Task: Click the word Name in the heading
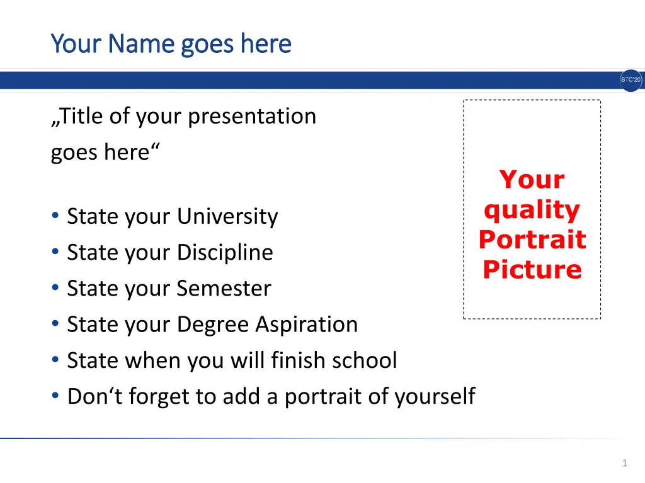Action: tap(142, 43)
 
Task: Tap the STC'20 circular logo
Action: tap(631, 80)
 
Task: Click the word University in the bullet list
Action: tap(228, 216)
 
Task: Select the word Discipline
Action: tap(225, 252)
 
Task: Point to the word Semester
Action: tap(224, 288)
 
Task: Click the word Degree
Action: tap(213, 325)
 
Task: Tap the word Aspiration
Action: tap(307, 325)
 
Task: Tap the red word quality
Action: tap(532, 210)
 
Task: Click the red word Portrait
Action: tap(532, 240)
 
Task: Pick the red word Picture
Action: tap(532, 269)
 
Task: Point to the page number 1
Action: tap(625, 463)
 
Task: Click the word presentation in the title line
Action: tap(252, 116)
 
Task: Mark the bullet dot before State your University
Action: tap(55, 215)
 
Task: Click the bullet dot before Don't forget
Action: tap(55, 396)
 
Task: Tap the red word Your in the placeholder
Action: tap(532, 179)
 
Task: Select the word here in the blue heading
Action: tap(266, 43)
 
